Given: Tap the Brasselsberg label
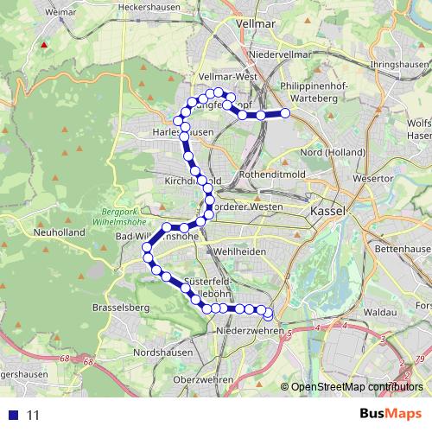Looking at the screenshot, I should [120, 308].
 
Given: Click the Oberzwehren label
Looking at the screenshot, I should [204, 380].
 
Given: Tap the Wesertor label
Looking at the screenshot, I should [372, 179].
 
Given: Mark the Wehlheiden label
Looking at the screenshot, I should [234, 251].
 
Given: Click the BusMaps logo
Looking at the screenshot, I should [384, 415].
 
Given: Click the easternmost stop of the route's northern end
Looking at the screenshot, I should [286, 113].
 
